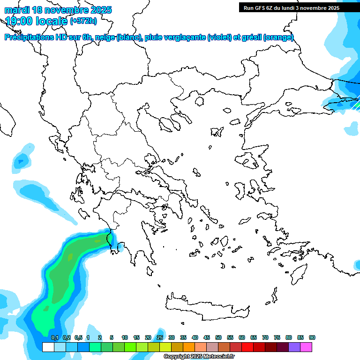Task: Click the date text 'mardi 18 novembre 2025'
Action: [x=58, y=9]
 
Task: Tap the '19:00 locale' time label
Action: [x=37, y=21]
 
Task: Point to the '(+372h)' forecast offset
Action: [x=83, y=21]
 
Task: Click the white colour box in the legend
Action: [x=48, y=347]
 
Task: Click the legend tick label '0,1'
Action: [x=54, y=338]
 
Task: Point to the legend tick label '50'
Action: [x=218, y=338]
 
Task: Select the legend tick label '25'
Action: [x=160, y=338]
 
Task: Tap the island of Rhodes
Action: [x=298, y=274]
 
